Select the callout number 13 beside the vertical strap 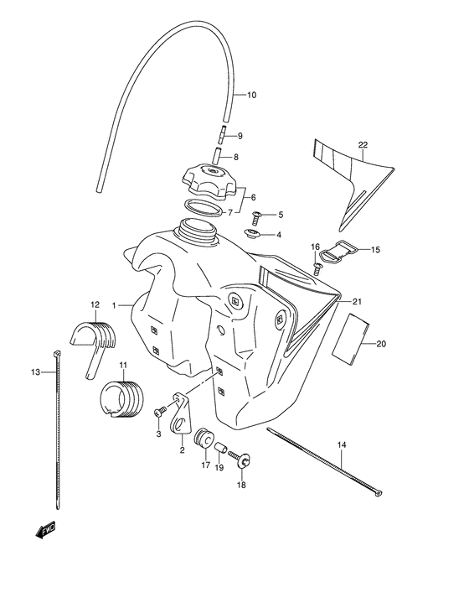(x=35, y=372)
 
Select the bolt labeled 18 (x=244, y=460)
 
